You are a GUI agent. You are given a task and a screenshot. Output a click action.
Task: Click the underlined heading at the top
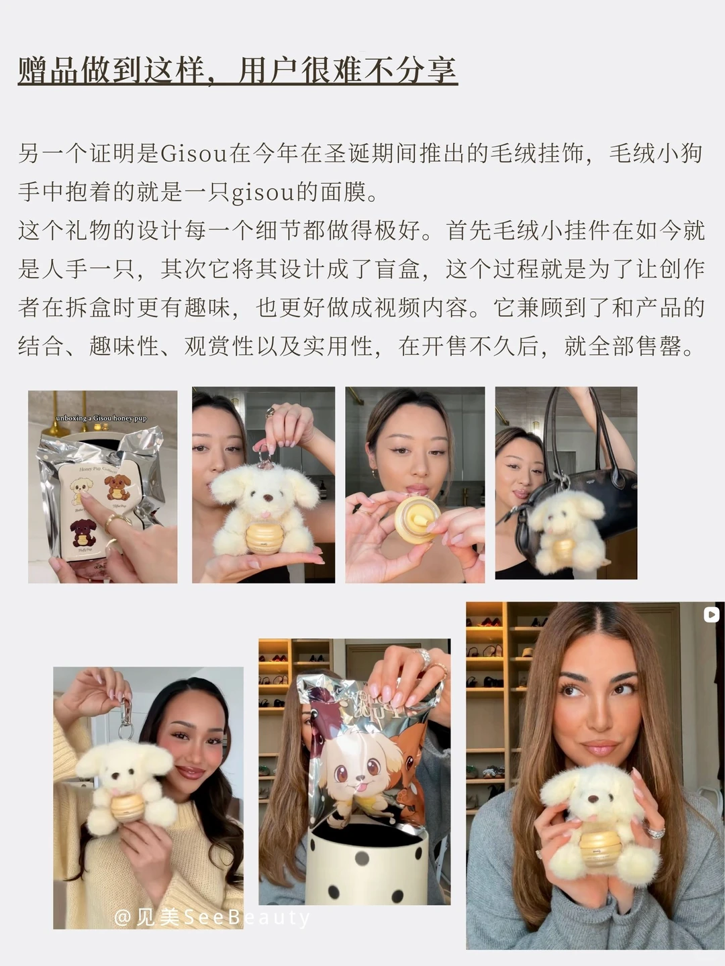coord(238,71)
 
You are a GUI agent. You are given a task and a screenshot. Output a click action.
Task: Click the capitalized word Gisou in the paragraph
coord(194,154)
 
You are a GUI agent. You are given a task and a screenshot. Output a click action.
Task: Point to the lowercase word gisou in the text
coord(262,193)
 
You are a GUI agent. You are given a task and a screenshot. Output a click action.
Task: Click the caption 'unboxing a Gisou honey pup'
coord(101,418)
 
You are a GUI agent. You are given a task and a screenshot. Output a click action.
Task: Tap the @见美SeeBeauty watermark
coord(211,917)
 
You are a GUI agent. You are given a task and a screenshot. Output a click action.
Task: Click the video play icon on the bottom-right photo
coord(711,614)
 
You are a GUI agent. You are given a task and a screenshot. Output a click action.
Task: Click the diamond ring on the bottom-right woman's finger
coord(655,833)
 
